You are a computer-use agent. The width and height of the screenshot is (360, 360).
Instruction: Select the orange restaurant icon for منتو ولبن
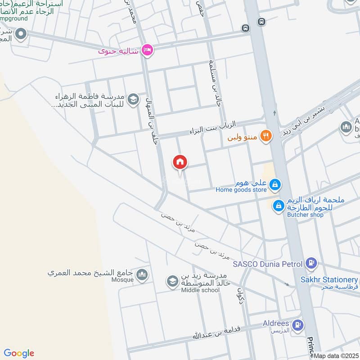point(266,135)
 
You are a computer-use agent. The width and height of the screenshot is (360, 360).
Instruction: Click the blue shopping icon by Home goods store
point(275,184)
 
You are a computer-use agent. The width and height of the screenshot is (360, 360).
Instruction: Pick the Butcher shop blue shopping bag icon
point(279,206)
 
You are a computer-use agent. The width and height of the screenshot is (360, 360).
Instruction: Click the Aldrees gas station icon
point(297,324)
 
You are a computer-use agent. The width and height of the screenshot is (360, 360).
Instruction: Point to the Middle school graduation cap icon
point(172,282)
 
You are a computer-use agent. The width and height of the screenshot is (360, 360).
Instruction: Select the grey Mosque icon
point(142,274)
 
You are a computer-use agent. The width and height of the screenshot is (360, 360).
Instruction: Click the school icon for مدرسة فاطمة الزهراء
point(133,99)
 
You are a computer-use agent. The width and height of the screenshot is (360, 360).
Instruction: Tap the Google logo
point(19,353)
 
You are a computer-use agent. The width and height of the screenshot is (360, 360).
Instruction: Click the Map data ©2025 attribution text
point(336,355)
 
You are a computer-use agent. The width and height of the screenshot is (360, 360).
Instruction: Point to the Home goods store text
point(241,190)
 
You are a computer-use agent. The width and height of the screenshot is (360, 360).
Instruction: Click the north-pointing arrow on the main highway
point(274,113)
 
